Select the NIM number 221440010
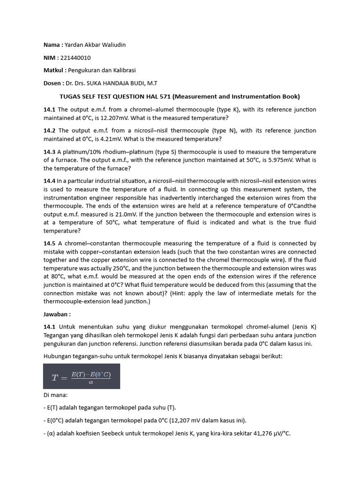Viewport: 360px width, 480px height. point(75,58)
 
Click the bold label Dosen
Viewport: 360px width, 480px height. point(52,83)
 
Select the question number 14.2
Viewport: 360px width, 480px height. point(50,130)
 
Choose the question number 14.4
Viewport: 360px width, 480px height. point(50,181)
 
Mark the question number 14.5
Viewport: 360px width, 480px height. point(50,243)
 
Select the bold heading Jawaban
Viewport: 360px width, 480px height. point(58,315)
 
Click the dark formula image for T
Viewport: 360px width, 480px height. point(82,376)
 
